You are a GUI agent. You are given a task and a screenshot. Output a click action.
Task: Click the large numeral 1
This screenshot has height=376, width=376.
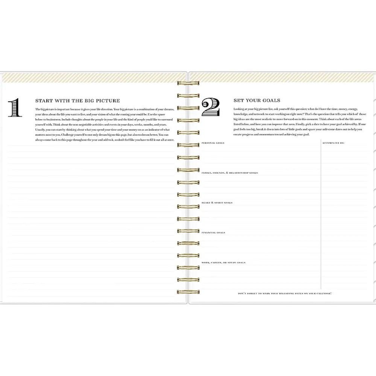tap(15, 108)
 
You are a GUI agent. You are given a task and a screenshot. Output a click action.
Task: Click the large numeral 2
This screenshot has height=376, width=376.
tap(211, 107)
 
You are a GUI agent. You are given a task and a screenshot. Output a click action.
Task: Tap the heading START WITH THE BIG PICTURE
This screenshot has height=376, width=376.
tap(77, 101)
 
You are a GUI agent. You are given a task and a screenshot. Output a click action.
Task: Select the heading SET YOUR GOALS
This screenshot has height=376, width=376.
tap(257, 100)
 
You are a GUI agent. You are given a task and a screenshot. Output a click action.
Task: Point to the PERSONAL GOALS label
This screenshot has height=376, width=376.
tap(213, 143)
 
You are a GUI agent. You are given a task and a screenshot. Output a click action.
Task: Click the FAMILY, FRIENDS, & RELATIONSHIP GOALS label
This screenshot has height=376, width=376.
tap(229, 173)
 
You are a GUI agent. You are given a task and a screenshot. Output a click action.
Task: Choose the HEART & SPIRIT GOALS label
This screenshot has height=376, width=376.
tap(217, 203)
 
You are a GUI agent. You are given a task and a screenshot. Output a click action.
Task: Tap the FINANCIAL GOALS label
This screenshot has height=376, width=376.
tap(213, 233)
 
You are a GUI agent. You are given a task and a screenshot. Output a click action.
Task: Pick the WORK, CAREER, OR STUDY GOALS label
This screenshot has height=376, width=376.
tap(223, 262)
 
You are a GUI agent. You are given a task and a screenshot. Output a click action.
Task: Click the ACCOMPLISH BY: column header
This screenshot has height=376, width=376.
tap(334, 143)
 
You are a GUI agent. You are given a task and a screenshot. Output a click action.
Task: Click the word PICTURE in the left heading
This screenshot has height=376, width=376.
tap(108, 101)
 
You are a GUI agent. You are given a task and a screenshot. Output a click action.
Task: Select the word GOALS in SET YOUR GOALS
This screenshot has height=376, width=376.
tap(271, 100)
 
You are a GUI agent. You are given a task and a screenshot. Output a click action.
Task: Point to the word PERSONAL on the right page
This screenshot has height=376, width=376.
tap(209, 143)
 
